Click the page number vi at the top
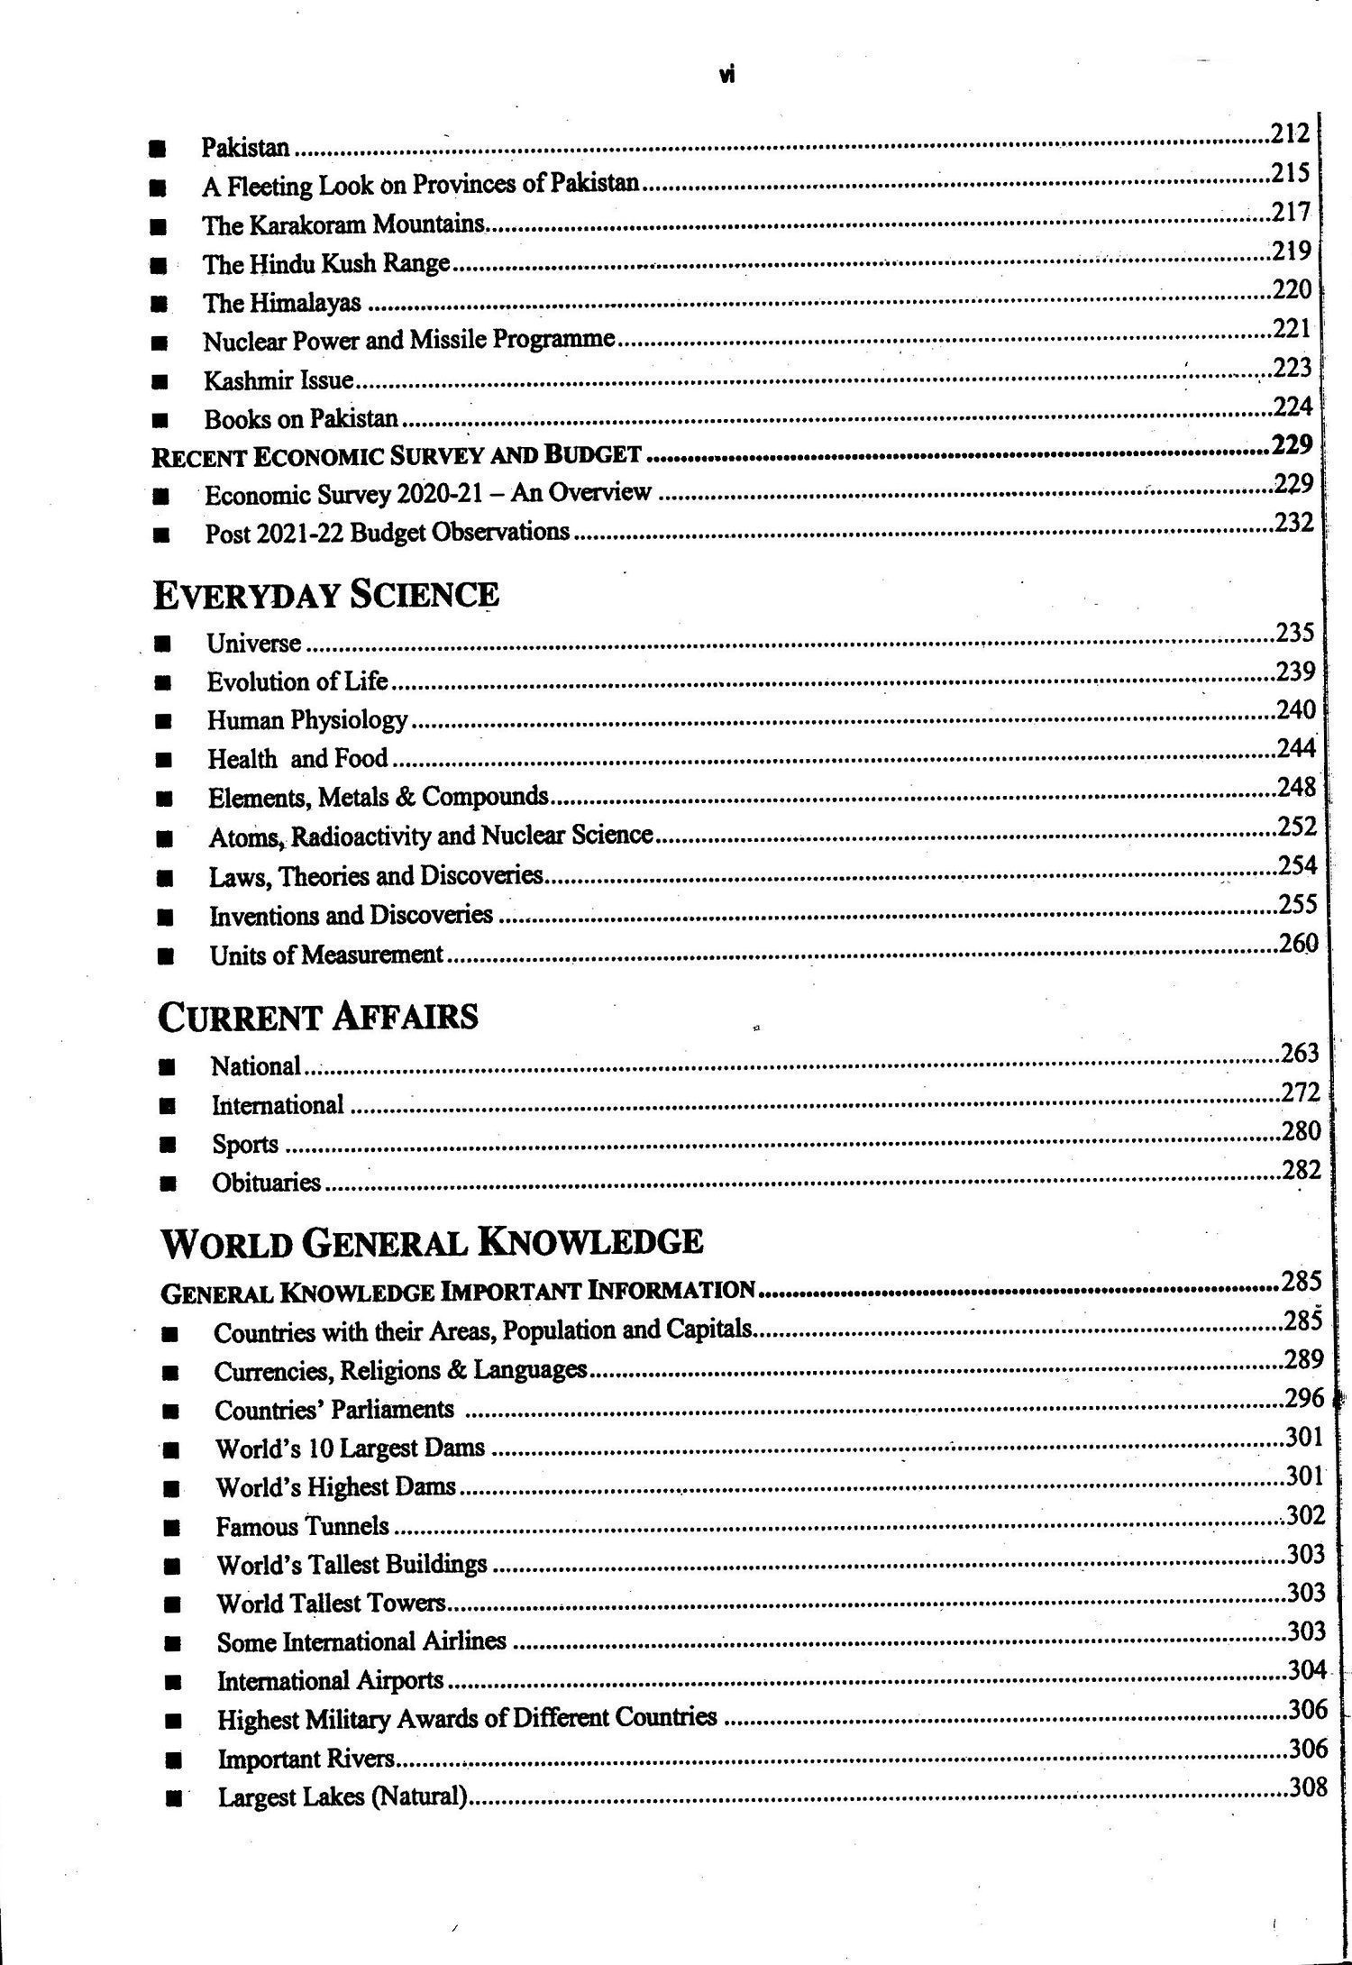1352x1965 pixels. click(x=727, y=76)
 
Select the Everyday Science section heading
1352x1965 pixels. click(x=325, y=596)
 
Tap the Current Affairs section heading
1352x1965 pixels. click(x=317, y=1018)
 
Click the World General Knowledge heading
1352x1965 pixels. click(x=431, y=1243)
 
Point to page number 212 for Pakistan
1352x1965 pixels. click(x=1290, y=134)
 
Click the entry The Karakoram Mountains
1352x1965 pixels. click(x=343, y=224)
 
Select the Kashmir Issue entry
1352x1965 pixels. click(x=278, y=380)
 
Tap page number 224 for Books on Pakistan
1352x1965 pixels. click(x=1293, y=407)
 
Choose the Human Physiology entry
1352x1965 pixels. click(x=307, y=720)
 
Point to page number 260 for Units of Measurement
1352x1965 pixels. click(x=1298, y=944)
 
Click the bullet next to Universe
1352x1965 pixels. click(x=163, y=644)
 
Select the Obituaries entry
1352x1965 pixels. click(x=266, y=1183)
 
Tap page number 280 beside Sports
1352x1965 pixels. click(x=1301, y=1131)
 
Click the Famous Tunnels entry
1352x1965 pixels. click(x=302, y=1527)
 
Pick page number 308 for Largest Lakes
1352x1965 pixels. click(x=1308, y=1787)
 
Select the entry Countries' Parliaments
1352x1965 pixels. click(x=333, y=1410)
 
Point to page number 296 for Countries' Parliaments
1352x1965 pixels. click(x=1304, y=1398)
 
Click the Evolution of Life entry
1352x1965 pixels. click(x=297, y=681)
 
